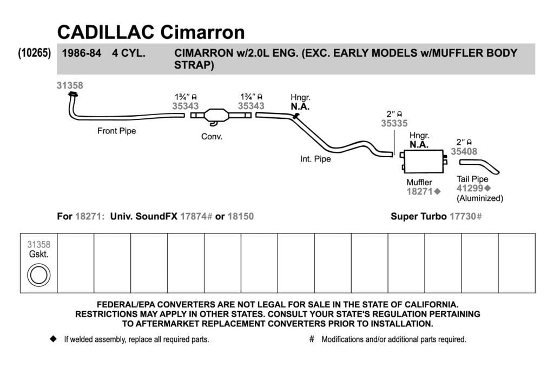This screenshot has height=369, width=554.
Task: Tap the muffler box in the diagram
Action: (423, 161)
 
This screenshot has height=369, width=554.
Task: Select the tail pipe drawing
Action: (479, 166)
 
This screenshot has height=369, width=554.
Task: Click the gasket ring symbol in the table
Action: (38, 275)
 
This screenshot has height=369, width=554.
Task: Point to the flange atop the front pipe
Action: (73, 94)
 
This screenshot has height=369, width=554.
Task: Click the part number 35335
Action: (394, 123)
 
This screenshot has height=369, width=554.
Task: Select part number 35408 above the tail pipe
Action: (464, 151)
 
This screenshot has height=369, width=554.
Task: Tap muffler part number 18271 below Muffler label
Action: (419, 192)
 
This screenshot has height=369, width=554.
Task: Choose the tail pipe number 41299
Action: (470, 189)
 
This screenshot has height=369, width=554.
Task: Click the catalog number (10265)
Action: (34, 53)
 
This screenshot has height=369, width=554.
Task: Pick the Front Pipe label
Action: (117, 131)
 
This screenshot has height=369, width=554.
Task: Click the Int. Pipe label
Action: (315, 159)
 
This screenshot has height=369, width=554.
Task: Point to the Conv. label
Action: (212, 137)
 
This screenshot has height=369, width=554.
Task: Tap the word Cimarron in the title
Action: (202, 32)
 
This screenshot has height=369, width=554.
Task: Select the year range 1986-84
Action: (82, 53)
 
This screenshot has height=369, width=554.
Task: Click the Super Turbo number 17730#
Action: (466, 216)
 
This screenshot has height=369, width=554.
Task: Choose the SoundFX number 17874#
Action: (196, 216)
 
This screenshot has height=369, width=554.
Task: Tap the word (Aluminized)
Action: (480, 198)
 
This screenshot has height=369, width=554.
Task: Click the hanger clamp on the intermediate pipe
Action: (296, 116)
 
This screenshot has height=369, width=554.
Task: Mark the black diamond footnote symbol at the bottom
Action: (54, 339)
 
